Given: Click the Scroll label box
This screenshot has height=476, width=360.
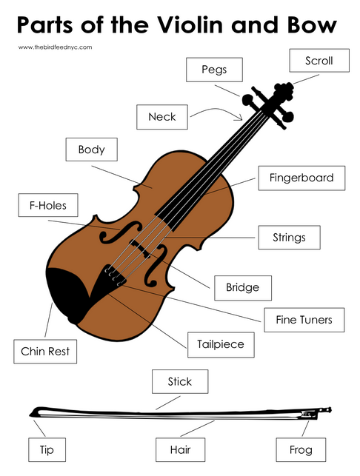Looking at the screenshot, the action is coord(319,61).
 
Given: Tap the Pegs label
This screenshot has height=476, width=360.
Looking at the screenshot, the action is coord(214,70).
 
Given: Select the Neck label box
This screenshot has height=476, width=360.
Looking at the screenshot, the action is coord(162,117).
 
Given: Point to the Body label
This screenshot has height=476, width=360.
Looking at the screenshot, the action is coord(91,150).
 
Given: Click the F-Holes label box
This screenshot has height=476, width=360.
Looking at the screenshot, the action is coord(48,205).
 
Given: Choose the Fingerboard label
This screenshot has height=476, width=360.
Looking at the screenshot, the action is coord(301,178).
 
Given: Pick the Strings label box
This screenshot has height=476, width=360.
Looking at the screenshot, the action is coord(289,238).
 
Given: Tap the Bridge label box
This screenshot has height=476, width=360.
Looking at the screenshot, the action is coord(243,288).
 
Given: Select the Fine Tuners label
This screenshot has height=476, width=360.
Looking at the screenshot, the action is coord(304,320).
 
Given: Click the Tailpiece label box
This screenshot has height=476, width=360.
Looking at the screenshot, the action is coord(221,344).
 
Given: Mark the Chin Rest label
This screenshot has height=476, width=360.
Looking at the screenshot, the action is coord(45,352).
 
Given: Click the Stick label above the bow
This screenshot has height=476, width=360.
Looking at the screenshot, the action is coord(180,381).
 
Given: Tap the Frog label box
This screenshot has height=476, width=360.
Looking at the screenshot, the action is coord(301,449).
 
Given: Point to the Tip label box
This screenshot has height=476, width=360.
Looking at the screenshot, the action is coord(47,449).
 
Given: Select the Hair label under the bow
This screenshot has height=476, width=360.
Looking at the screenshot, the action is coord(181,449).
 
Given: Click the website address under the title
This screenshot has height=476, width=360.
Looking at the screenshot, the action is coord(55,47).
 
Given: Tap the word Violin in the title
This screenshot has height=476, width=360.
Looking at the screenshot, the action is coord(190,25).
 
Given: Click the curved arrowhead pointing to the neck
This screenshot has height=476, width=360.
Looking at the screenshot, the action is coord(239,117).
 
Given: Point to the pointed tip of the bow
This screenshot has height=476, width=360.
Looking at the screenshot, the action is coord(30,415).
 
